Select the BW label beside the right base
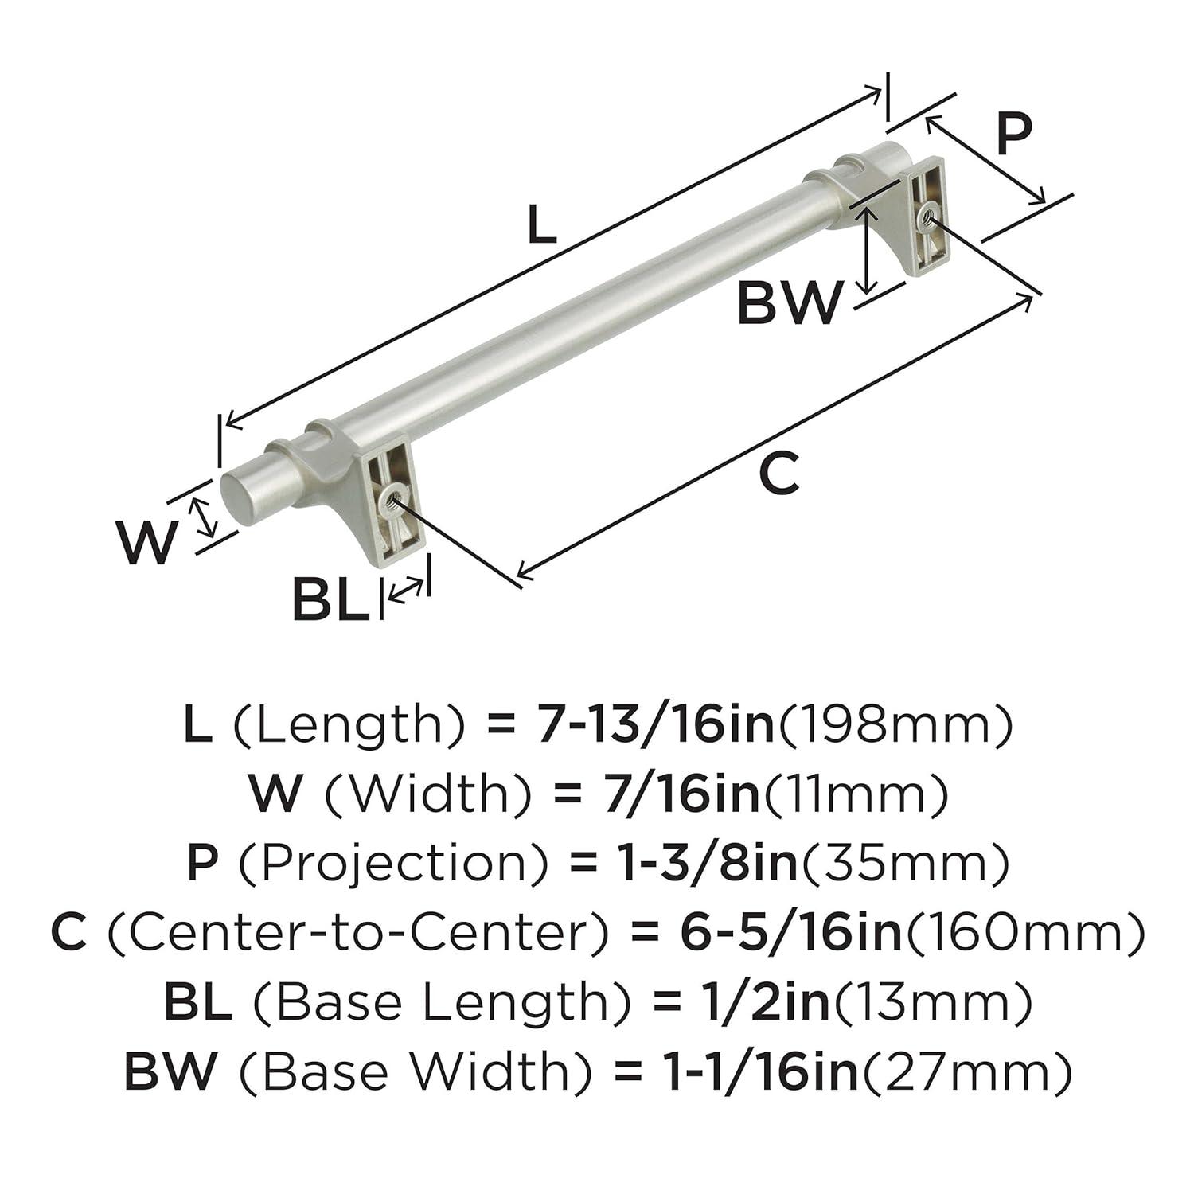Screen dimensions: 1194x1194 coord(788,303)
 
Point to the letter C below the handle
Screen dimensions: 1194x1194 coord(778,473)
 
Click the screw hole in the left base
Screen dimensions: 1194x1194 coord(390,500)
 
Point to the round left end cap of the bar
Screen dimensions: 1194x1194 coord(231,498)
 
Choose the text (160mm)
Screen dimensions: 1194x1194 coord(1024,932)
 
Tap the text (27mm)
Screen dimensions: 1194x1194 coord(967,1071)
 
